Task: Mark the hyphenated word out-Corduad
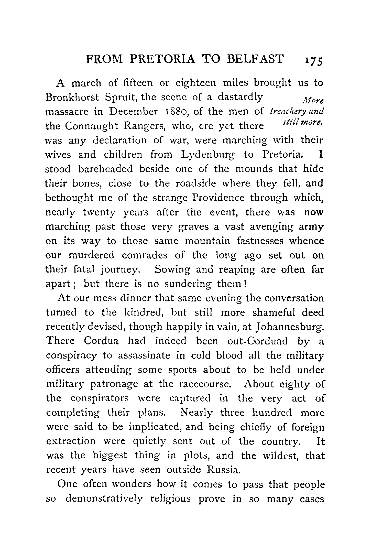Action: (257, 341)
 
